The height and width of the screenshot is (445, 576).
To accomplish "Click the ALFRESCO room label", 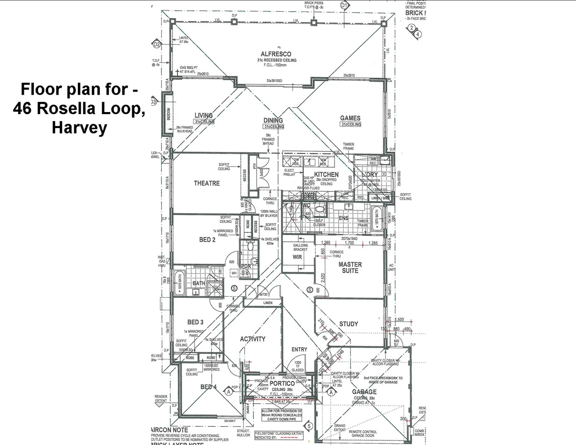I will (x=276, y=54).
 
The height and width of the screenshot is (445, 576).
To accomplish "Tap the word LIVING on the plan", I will (x=204, y=115).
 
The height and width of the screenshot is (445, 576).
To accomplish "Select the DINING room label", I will (x=273, y=120).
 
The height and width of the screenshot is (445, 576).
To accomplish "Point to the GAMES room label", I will (x=350, y=118).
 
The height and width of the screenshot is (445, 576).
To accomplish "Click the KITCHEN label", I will (x=326, y=175).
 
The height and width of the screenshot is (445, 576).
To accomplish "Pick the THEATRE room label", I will (x=207, y=183).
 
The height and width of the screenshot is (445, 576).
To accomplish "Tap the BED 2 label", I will (x=207, y=239).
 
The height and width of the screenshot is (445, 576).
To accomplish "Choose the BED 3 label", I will (x=195, y=322).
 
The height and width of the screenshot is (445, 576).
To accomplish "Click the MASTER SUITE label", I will (x=350, y=267).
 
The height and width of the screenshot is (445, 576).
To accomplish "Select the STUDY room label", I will (x=349, y=324).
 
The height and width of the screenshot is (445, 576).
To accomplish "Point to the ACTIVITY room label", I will (x=253, y=339).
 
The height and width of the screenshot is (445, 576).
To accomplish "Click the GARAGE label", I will (x=364, y=392).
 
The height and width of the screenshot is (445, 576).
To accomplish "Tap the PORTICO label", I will (x=282, y=384).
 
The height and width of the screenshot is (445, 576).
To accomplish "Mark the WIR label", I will (x=297, y=257).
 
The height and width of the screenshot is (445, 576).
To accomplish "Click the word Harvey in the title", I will (x=79, y=128).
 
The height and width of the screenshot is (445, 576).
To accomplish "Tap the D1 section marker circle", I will (x=344, y=5).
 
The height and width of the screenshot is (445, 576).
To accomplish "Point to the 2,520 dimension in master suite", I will (x=323, y=278).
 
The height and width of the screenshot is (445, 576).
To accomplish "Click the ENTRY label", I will (x=299, y=349).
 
